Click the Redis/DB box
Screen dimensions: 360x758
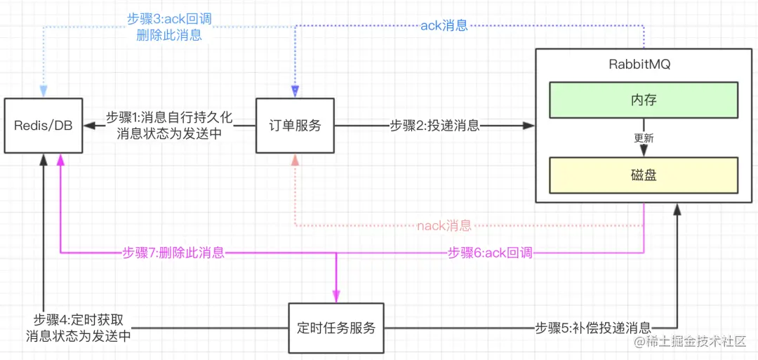pos(43,126)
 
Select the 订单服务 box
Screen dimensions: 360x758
pos(295,126)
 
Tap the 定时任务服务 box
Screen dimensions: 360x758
pos(336,328)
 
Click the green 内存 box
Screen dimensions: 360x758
pos(643,100)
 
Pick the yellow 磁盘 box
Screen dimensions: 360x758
pos(643,175)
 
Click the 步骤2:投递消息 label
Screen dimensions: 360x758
pos(434,126)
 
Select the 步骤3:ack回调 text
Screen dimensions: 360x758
pos(168,20)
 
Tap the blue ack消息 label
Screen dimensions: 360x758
pos(444,25)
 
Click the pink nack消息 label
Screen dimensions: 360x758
pos(444,226)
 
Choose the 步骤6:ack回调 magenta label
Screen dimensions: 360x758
pos(490,253)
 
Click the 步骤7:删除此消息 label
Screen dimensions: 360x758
pos(173,253)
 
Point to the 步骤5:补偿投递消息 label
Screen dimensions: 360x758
pos(593,328)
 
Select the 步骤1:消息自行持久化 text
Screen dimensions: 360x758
pos(168,117)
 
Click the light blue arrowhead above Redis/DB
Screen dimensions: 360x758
pos(44,91)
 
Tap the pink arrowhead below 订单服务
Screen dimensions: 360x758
pos(295,161)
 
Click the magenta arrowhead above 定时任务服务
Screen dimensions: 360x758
pos(337,295)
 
